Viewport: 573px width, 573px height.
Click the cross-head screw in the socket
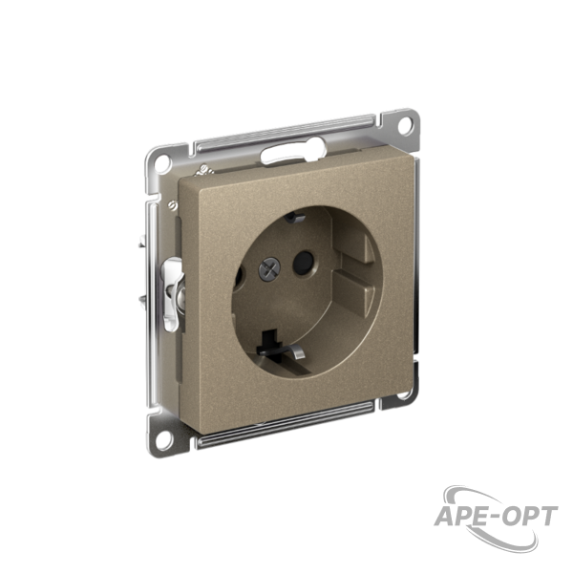coord(269,269)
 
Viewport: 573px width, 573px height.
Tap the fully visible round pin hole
coord(304,263)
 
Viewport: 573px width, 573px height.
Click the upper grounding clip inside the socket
coord(294,218)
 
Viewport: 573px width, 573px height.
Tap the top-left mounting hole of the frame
coord(162,162)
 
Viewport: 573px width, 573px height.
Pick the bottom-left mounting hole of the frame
coord(163,438)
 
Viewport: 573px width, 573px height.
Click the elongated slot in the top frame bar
coord(292,151)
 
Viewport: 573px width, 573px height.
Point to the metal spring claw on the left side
coord(173,293)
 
